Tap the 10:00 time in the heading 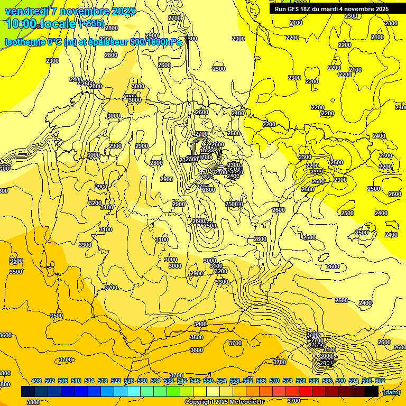coord(21,24)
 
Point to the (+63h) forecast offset coord(91,24)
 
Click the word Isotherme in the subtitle coord(26,42)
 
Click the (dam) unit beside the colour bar coord(391,392)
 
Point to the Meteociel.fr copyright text coord(224,402)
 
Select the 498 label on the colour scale coord(36,381)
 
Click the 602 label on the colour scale coord(380,381)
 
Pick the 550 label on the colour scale coord(208,381)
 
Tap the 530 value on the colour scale coord(142,381)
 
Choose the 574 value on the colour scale coord(288,381)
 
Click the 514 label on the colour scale coord(89,381)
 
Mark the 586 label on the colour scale coord(327,381)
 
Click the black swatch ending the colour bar coord(372,392)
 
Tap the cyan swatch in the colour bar coord(134,392)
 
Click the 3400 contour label coord(200,324)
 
